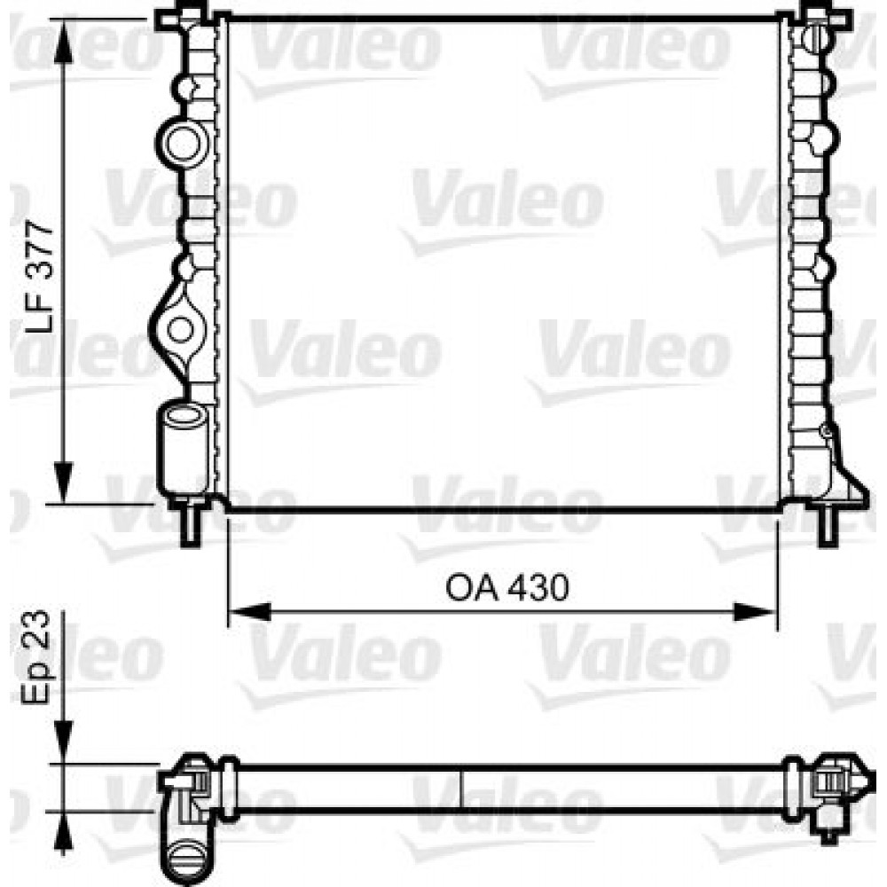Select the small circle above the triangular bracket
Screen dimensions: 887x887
tap(827, 432)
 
